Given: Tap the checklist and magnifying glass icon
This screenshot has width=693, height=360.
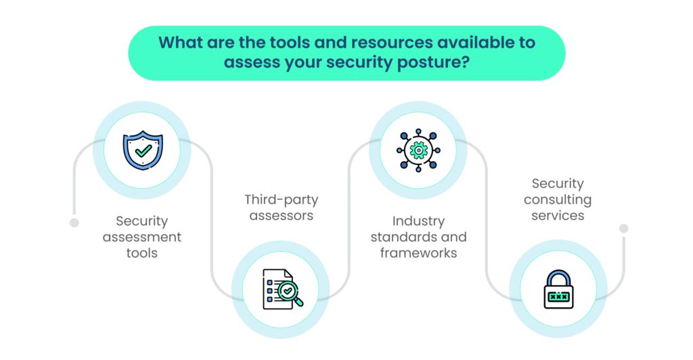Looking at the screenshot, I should [x=280, y=290].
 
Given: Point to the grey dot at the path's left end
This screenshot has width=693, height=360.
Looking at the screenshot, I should [x=74, y=222].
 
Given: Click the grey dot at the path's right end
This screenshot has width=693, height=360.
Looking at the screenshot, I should [x=625, y=228].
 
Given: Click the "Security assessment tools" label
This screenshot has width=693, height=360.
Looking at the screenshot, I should [x=141, y=237].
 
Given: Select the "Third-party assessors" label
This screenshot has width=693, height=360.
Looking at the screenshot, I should [x=280, y=207].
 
